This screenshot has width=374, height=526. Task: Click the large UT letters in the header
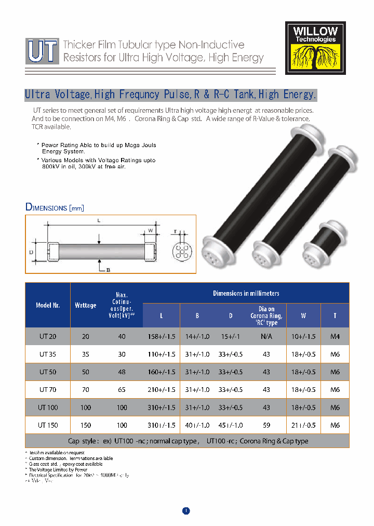(x=42, y=51)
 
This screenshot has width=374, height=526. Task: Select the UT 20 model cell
(x=48, y=336)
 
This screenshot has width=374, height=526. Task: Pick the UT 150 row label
(x=48, y=425)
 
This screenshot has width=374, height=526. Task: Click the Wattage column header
(x=85, y=305)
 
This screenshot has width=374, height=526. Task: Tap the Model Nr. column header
(x=48, y=305)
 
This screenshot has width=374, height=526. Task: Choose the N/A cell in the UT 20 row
(x=266, y=336)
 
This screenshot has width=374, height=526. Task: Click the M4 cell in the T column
(x=335, y=336)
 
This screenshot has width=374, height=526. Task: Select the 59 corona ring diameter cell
(x=266, y=425)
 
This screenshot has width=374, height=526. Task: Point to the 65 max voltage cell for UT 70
(x=122, y=389)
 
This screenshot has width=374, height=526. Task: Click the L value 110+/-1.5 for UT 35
(x=162, y=354)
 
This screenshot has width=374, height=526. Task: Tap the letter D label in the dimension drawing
(x=31, y=253)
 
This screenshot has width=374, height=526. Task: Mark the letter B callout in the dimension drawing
(x=109, y=270)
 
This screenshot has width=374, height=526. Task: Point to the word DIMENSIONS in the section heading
(x=47, y=208)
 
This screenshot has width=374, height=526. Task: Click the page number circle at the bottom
(x=186, y=510)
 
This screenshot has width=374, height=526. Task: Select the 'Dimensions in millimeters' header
(x=246, y=293)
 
